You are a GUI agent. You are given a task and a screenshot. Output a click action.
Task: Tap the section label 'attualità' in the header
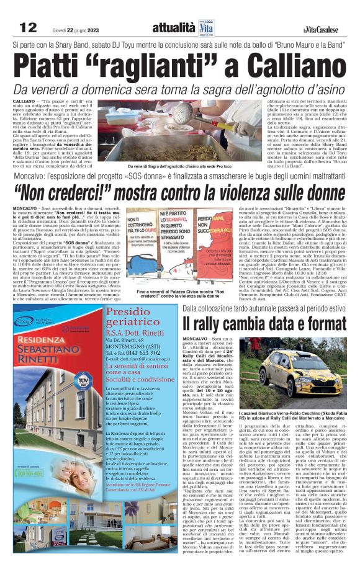173,28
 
